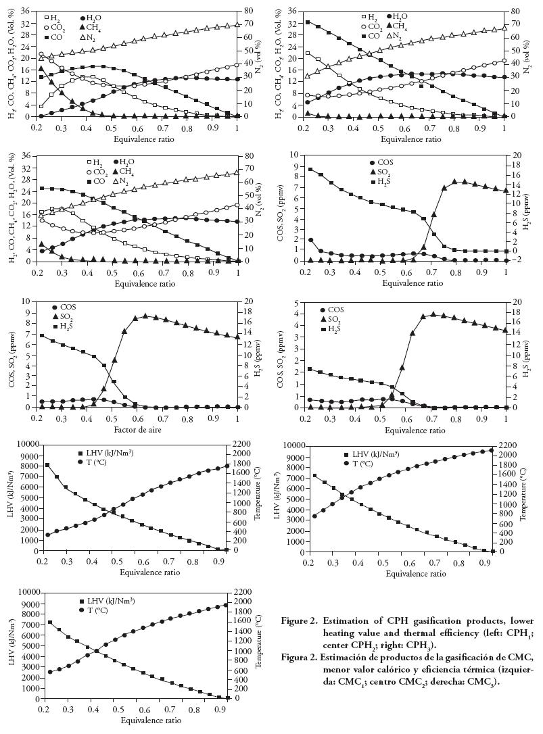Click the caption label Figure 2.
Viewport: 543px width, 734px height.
pos(300,620)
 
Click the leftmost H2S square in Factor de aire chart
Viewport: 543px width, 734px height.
pos(42,335)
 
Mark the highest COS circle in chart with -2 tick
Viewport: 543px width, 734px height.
pos(310,240)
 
